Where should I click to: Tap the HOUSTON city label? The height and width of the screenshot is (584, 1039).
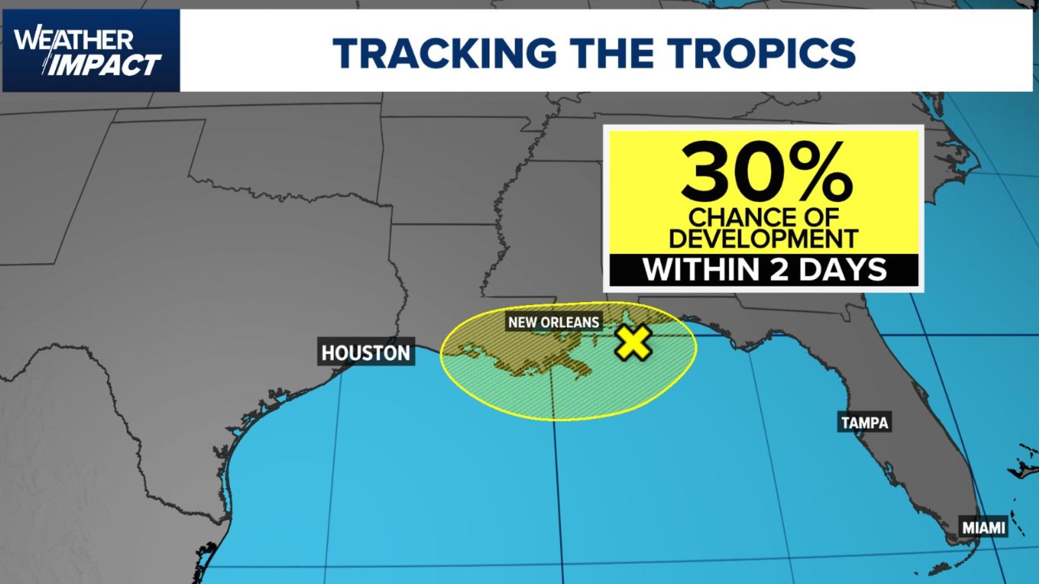point(366,353)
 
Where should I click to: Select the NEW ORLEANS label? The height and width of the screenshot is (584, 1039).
point(554,322)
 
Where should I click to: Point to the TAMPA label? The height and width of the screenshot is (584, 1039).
point(864,422)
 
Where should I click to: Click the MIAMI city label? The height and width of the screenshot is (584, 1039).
point(983,527)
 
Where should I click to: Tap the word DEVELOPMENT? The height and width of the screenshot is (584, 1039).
point(764,238)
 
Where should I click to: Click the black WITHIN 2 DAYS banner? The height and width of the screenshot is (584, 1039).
point(764,269)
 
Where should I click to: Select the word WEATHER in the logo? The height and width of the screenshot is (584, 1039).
point(74,39)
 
